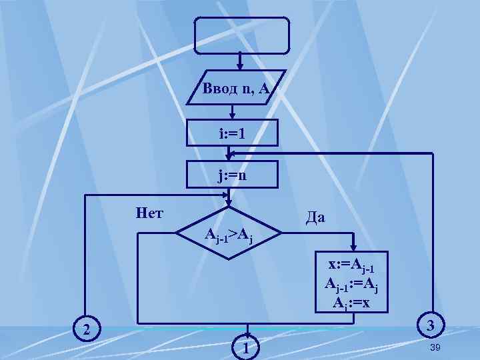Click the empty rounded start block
point(242,35)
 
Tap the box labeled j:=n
point(231,176)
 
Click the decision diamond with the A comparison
point(229,234)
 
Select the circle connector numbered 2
point(86,329)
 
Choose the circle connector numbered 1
point(246,347)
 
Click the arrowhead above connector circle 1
point(246,331)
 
